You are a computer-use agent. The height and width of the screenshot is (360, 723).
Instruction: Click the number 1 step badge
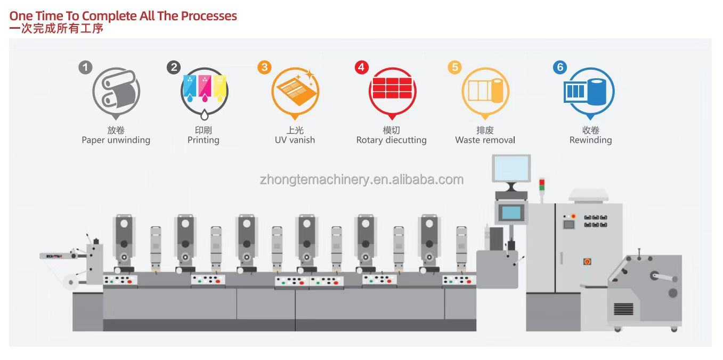click(85, 68)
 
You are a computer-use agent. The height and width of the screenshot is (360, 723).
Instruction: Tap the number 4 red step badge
click(361, 68)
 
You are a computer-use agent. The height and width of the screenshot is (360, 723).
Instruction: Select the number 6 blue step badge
click(559, 68)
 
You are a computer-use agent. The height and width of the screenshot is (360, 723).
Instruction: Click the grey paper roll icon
click(117, 91)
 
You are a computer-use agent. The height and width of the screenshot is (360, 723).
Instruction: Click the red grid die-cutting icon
click(392, 88)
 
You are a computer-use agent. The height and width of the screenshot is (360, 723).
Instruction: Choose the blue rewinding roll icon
click(597, 92)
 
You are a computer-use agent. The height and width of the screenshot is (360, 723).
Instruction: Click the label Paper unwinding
click(116, 140)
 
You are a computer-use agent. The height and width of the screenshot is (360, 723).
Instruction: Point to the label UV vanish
click(295, 140)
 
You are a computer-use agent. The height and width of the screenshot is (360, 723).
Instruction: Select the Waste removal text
click(485, 140)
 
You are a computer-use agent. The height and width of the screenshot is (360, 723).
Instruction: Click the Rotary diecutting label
click(392, 140)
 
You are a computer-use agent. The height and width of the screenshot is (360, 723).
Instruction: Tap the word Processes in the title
click(209, 16)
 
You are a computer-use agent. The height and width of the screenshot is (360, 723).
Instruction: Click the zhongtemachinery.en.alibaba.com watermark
click(361, 179)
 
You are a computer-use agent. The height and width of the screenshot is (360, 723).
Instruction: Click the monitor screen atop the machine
click(511, 168)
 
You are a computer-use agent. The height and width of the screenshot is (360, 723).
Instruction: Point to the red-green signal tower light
click(542, 185)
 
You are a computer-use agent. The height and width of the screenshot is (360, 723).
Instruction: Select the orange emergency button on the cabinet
click(587, 261)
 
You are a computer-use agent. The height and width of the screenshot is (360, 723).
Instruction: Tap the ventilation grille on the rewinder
click(623, 309)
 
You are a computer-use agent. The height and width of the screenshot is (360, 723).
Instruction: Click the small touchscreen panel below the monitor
click(511, 213)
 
